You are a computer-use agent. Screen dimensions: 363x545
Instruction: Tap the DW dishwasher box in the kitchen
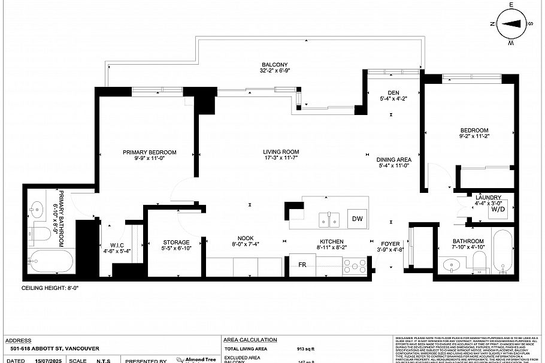pyautogui.click(x=358, y=219)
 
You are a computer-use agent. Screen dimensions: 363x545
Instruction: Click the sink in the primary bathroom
pyautogui.click(x=37, y=209)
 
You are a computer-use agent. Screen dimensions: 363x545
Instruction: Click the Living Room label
pyautogui.click(x=281, y=152)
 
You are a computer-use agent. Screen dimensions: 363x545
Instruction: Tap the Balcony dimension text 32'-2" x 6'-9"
pyautogui.click(x=275, y=71)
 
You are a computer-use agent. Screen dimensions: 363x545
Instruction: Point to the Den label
pyautogui.click(x=393, y=92)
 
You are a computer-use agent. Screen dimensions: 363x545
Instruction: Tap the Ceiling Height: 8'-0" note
pyautogui.click(x=50, y=288)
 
